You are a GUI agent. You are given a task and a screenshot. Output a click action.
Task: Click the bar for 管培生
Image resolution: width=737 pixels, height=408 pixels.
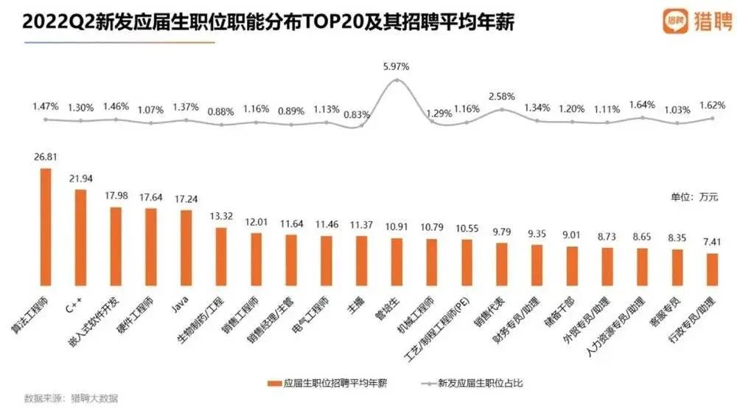[397, 260]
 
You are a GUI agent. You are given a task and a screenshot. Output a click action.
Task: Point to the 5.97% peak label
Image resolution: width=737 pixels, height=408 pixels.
[397, 66]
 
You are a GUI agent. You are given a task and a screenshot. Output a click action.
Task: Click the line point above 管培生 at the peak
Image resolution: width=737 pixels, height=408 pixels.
[397, 80]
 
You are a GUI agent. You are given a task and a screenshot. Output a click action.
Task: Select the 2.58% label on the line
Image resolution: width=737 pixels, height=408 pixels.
[502, 97]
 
